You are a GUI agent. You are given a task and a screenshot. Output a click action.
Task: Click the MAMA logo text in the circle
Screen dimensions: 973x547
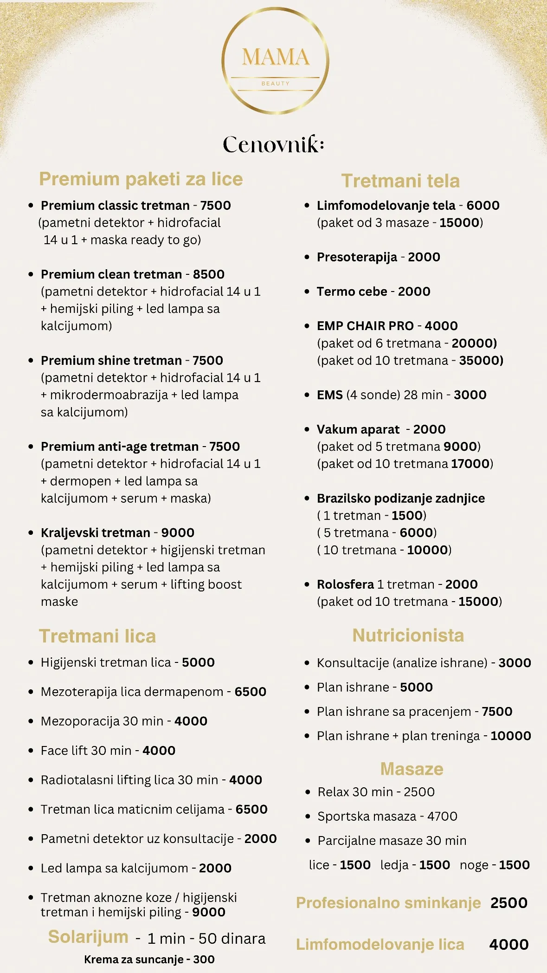point(275,58)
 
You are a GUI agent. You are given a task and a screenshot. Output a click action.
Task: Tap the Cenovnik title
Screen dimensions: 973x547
point(273,144)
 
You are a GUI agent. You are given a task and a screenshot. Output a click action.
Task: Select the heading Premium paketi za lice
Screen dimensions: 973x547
point(141,179)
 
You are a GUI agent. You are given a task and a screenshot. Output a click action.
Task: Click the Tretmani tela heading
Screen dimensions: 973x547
point(400,181)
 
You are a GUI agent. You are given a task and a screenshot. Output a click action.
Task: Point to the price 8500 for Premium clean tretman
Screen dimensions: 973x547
point(209,274)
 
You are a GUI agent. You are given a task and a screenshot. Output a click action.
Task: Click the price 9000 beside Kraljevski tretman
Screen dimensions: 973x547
point(178,532)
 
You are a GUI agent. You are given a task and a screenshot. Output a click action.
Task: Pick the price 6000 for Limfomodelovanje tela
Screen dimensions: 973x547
point(483,205)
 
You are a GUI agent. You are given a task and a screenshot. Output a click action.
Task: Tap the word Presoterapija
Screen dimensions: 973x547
point(357,257)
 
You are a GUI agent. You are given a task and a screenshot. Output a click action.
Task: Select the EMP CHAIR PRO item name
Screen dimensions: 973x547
point(365,326)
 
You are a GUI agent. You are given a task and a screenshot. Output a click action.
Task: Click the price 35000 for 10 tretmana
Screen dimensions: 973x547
point(481,361)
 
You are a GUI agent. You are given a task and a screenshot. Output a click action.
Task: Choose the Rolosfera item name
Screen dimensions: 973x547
point(345,584)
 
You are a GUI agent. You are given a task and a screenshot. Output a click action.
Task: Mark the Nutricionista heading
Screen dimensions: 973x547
point(408,636)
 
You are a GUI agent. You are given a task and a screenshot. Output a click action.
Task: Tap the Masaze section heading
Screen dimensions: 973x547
point(412,769)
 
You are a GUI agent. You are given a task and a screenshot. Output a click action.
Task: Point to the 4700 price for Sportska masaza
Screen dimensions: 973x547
point(442,816)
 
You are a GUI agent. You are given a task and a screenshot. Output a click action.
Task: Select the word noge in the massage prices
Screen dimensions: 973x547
point(474,865)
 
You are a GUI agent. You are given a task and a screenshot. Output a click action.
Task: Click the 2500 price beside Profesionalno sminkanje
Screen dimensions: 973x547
point(508,903)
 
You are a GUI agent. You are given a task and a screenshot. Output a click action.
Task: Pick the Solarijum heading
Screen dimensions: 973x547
point(88,937)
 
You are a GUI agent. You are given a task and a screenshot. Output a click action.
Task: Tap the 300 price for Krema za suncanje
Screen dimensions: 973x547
point(204,960)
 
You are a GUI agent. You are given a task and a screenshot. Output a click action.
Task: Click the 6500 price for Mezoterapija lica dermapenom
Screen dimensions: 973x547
point(250,692)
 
